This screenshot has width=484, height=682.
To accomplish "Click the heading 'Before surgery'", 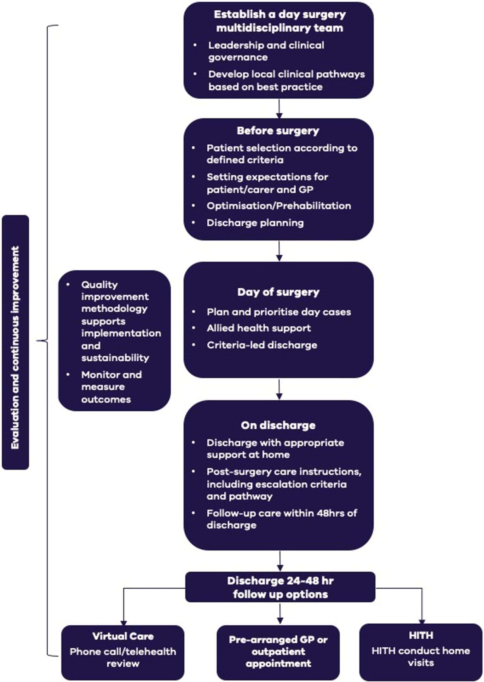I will pos(278,131).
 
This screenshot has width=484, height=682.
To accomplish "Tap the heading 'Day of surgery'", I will pos(278,292).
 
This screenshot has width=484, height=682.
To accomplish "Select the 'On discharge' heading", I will pos(278,425).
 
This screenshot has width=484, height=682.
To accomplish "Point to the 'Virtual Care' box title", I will pos(123,636).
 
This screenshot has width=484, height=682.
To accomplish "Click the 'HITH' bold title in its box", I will pos(421,635).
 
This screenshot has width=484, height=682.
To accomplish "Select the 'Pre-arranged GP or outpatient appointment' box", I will pos(278,651).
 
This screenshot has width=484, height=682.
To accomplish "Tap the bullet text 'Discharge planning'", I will pos(255,223).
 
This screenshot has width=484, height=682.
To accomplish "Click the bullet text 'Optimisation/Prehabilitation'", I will pos(279,206).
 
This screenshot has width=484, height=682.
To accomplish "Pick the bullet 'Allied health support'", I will pos(259,328).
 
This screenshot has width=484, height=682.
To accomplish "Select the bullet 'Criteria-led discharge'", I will pos(262,345).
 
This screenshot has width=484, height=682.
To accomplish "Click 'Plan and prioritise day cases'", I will pos(279,312).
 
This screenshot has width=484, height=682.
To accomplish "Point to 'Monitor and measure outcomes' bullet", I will pos(111,387).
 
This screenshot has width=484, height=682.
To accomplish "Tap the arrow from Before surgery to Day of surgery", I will pos(279,251).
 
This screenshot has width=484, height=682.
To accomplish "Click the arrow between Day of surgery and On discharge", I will pos(279,390).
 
